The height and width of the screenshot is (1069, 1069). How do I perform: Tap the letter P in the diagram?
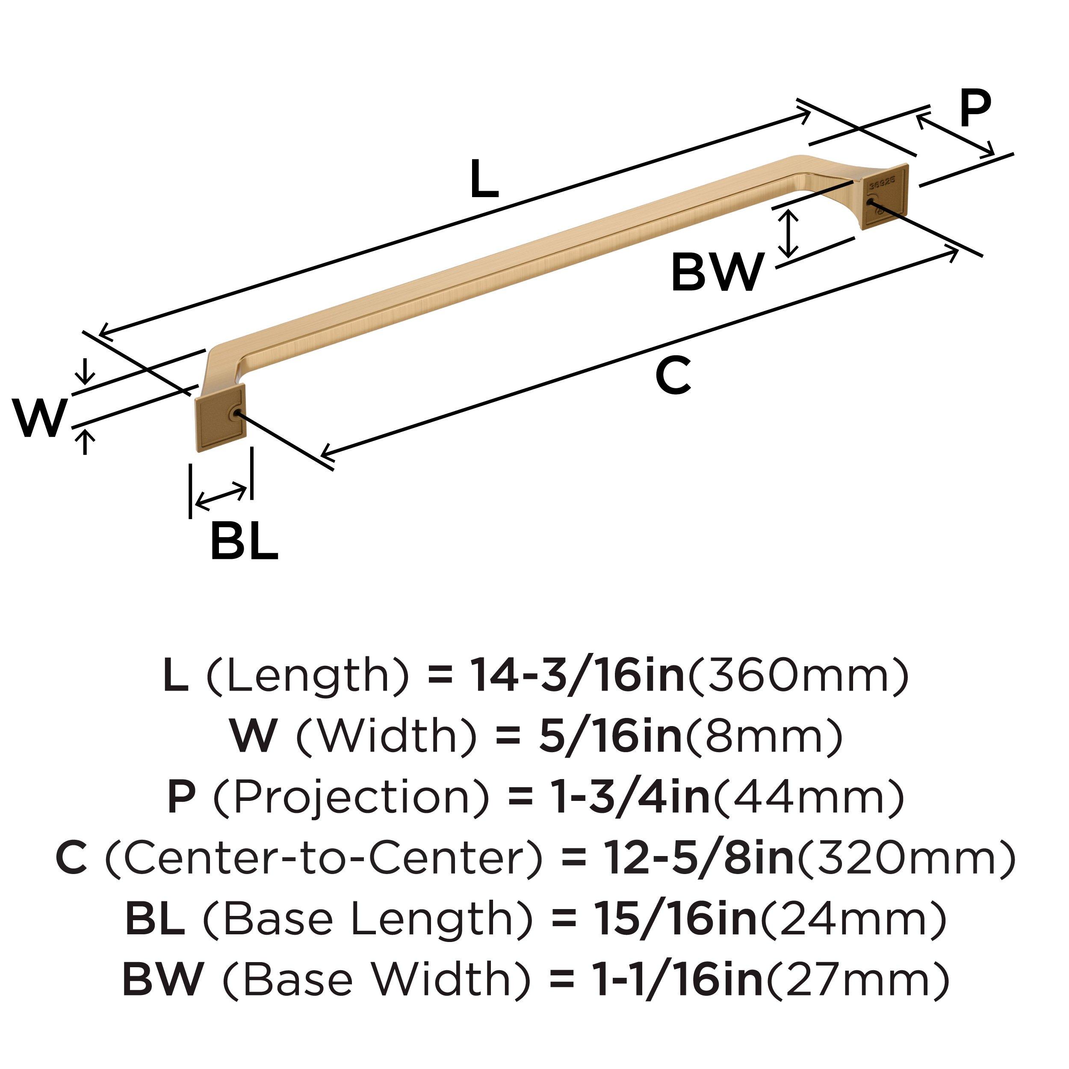pyautogui.click(x=975, y=109)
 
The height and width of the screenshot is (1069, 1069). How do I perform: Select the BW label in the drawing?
pyautogui.click(x=718, y=272)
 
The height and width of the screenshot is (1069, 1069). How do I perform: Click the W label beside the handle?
pyautogui.click(x=40, y=418)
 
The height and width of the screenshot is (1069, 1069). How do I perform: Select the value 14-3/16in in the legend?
pyautogui.click(x=577, y=676)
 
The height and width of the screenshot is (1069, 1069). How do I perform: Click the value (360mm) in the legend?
pyautogui.click(x=797, y=676)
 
